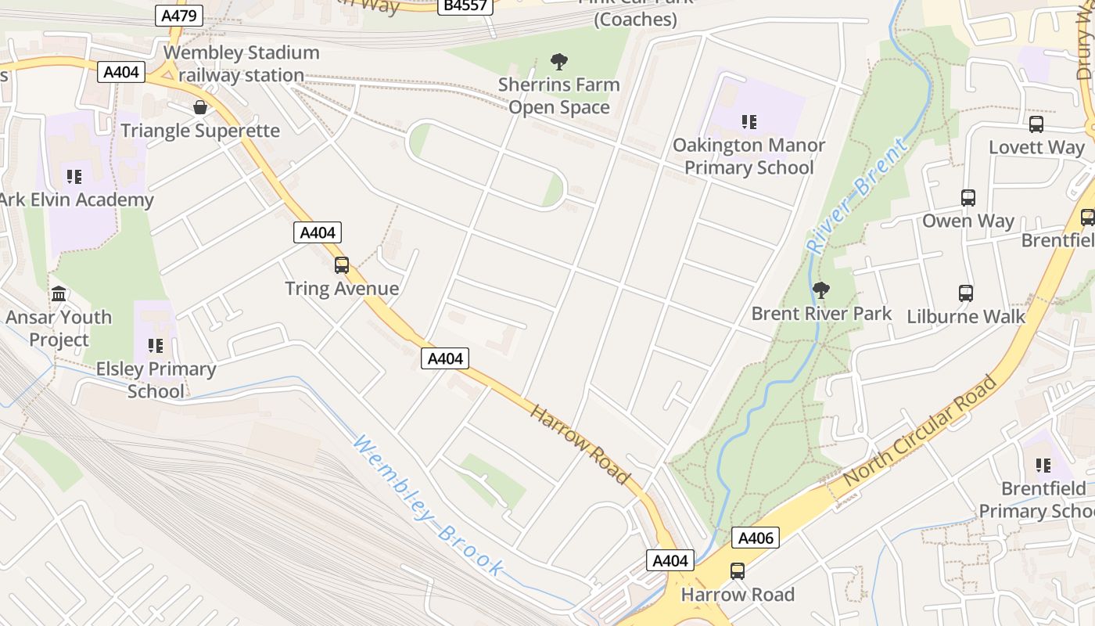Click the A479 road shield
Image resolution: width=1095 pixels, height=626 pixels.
pos(180,16)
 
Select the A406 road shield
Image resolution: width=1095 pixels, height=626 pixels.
pos(756,538)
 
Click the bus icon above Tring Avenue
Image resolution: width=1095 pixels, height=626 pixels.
pos(342,265)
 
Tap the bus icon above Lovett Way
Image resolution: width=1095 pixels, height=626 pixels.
pos(1036,124)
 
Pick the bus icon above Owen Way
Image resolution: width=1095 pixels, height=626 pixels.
pos(968,198)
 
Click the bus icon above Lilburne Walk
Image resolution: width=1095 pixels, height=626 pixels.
pos(966,293)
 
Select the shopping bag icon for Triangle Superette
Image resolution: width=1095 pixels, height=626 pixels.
pos(200,107)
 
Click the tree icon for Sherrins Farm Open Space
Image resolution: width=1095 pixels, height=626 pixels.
pos(559,61)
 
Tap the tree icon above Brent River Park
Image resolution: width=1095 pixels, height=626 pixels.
pos(820,290)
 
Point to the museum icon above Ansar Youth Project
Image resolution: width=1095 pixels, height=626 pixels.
pos(59,294)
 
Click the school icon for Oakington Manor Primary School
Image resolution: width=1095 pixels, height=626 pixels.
pos(749,122)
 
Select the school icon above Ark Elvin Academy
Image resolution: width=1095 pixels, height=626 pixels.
pos(74,177)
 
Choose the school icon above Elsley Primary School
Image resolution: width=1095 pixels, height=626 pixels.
pos(156,345)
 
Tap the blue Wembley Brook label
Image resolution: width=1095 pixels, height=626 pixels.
pos(427,507)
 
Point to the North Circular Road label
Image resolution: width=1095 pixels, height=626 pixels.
pos(921,429)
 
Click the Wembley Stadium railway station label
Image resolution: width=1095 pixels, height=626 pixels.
pos(241,64)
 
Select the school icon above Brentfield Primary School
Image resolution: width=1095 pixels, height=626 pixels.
pos(1043,466)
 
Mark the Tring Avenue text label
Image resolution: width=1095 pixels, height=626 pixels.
pos(342,289)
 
